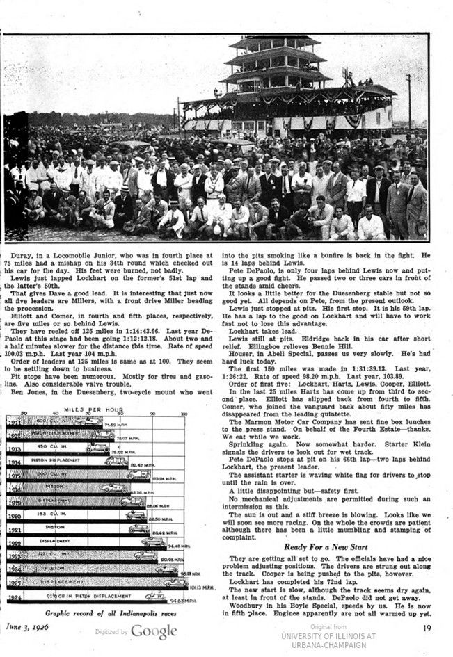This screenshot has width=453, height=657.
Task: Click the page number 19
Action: click(426, 629)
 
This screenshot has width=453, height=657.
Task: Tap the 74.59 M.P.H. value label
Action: click(116, 424)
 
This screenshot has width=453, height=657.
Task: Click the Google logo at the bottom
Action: click(154, 631)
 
